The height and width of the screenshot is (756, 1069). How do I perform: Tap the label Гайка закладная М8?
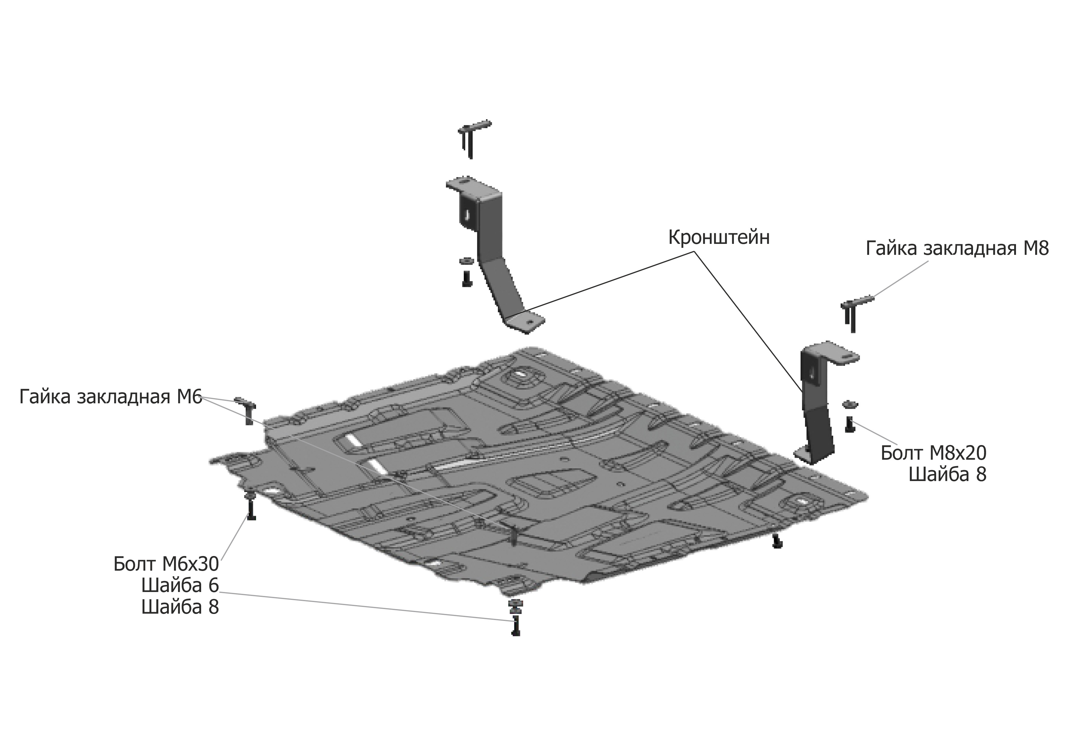pyautogui.click(x=957, y=249)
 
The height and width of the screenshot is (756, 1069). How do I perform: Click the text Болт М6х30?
pyautogui.click(x=166, y=564)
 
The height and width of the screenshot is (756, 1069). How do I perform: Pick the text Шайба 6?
pyautogui.click(x=180, y=586)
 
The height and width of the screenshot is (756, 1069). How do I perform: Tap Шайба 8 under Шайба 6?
pyautogui.click(x=180, y=608)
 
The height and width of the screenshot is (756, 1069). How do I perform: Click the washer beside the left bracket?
pyautogui.click(x=466, y=261)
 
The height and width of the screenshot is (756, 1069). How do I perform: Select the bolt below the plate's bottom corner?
pyautogui.click(x=515, y=626)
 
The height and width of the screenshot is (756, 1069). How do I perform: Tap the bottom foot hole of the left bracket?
pyautogui.click(x=530, y=321)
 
